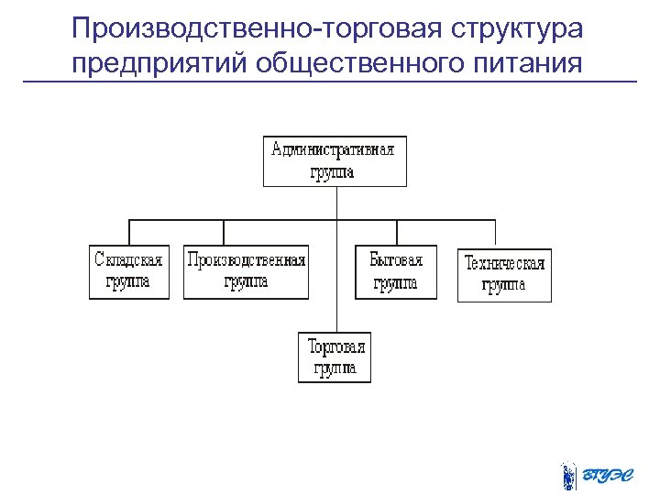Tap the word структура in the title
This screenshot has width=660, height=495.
click(516, 29)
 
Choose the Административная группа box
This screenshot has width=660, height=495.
click(335, 161)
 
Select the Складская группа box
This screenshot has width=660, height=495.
click(129, 271)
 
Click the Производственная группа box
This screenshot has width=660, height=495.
click(247, 271)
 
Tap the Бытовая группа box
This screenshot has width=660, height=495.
click(396, 272)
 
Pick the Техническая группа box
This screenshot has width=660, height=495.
click(504, 275)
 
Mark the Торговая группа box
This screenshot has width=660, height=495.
click(335, 357)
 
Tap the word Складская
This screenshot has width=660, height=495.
click(129, 260)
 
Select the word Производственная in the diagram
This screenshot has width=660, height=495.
click(247, 260)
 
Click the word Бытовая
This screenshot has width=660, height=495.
click(396, 260)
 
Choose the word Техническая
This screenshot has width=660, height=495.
click(504, 264)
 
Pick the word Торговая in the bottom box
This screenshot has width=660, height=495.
click(335, 346)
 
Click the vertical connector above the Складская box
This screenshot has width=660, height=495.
click(129, 232)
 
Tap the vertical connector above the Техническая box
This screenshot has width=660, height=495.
click(496, 234)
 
